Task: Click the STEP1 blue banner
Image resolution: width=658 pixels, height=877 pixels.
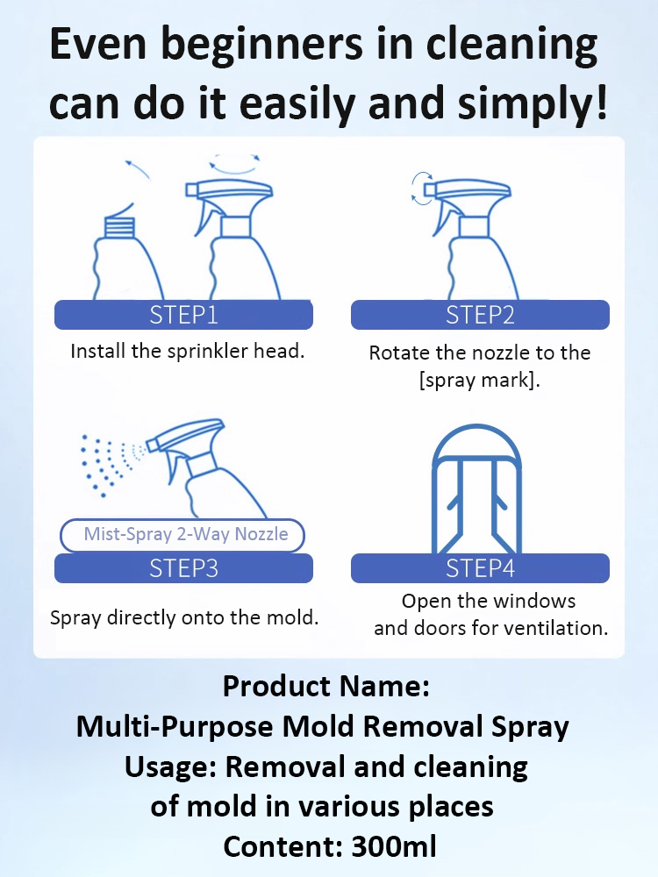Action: point(183,315)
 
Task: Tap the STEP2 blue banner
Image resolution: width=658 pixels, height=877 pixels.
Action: point(480,315)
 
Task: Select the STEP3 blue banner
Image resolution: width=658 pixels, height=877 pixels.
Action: point(183,568)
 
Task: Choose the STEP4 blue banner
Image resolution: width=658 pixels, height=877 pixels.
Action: point(480,568)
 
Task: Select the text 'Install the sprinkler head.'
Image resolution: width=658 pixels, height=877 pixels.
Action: point(187,352)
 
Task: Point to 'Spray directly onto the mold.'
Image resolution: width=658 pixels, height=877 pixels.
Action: point(184,617)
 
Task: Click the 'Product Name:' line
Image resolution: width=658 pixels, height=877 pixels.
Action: point(326,686)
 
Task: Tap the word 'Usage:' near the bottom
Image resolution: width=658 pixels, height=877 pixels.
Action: point(171,766)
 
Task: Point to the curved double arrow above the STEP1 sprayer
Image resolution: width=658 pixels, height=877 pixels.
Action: point(234,163)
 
